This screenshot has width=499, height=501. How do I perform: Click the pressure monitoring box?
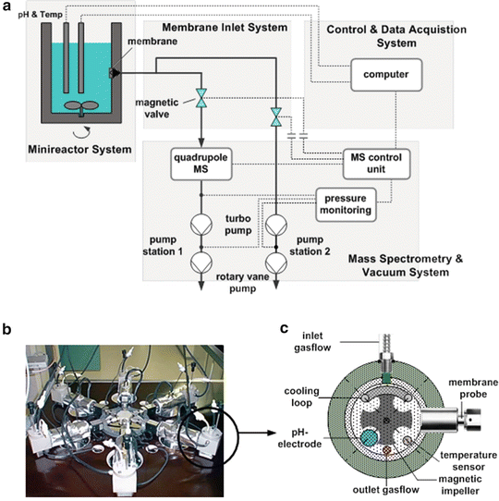click(x=347, y=203)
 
